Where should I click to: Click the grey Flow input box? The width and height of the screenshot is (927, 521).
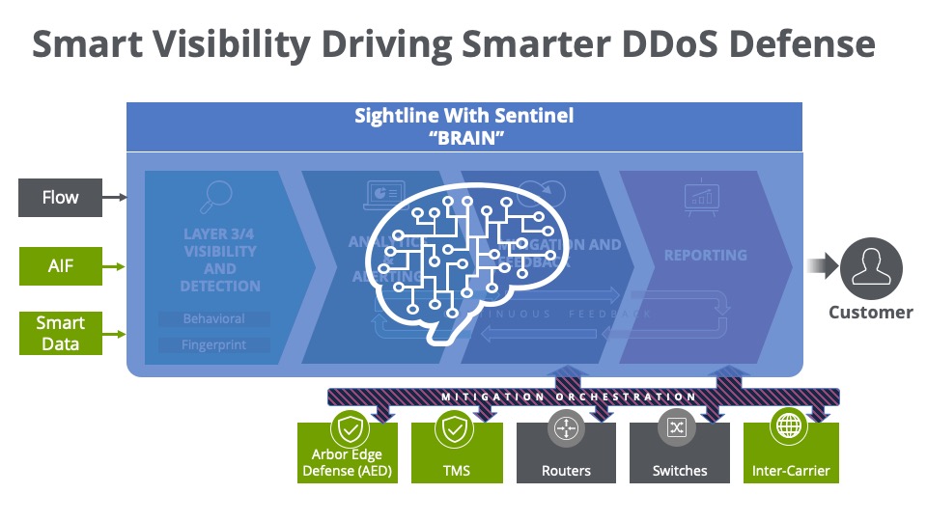pos(60,198)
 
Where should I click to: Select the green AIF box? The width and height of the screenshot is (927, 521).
pos(60,266)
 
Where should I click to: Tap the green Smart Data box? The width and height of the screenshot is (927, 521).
pos(60,332)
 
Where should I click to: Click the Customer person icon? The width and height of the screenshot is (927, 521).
pos(870,268)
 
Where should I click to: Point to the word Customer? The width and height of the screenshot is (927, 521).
pos(870,313)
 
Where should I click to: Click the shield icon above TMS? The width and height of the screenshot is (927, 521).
pos(456,426)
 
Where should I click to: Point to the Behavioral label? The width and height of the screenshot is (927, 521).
pos(213,318)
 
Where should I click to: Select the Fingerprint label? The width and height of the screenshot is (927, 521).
pos(213,344)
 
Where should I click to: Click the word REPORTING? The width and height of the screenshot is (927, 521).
pos(705,256)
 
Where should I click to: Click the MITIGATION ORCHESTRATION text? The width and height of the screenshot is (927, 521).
pos(569,397)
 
